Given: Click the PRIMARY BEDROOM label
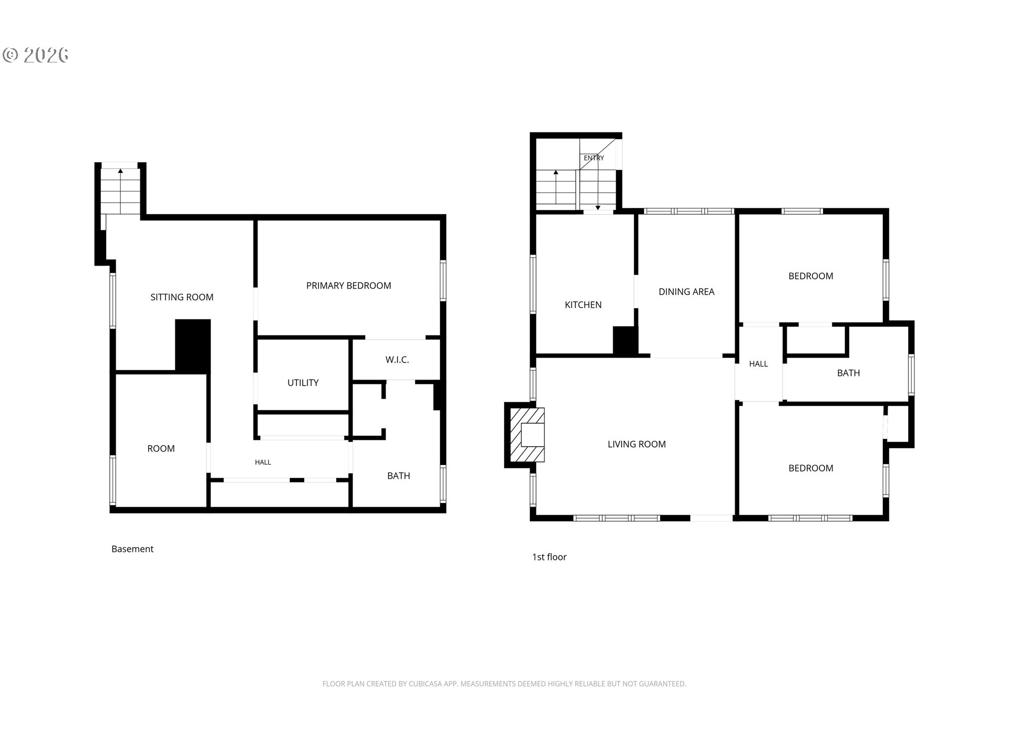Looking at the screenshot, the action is pyautogui.click(x=348, y=286).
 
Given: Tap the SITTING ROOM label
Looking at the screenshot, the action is pyautogui.click(x=182, y=297).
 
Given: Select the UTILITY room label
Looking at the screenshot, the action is pyautogui.click(x=303, y=383).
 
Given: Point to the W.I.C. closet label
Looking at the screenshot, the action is pyautogui.click(x=397, y=360).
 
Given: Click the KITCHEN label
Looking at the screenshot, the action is pyautogui.click(x=583, y=304).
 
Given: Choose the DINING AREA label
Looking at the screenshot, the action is pyautogui.click(x=686, y=291).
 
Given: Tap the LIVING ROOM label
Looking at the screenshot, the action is pyautogui.click(x=636, y=444).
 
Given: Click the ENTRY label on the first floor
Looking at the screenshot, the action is pyautogui.click(x=594, y=158).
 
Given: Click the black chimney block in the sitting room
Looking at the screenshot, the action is pyautogui.click(x=193, y=346).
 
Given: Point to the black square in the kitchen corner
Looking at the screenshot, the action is pyautogui.click(x=625, y=341).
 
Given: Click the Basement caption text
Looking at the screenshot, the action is pyautogui.click(x=132, y=549).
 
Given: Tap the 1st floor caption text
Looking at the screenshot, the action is pyautogui.click(x=549, y=557).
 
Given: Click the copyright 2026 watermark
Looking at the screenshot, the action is pyautogui.click(x=36, y=55).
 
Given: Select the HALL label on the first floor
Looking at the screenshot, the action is pyautogui.click(x=758, y=364).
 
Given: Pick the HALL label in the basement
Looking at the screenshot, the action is pyautogui.click(x=263, y=463).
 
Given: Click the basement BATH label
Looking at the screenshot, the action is pyautogui.click(x=398, y=476).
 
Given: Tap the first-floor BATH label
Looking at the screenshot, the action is pyautogui.click(x=848, y=373).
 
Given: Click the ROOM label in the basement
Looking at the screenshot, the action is pyautogui.click(x=161, y=448).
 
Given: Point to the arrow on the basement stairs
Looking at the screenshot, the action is pyautogui.click(x=120, y=190).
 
